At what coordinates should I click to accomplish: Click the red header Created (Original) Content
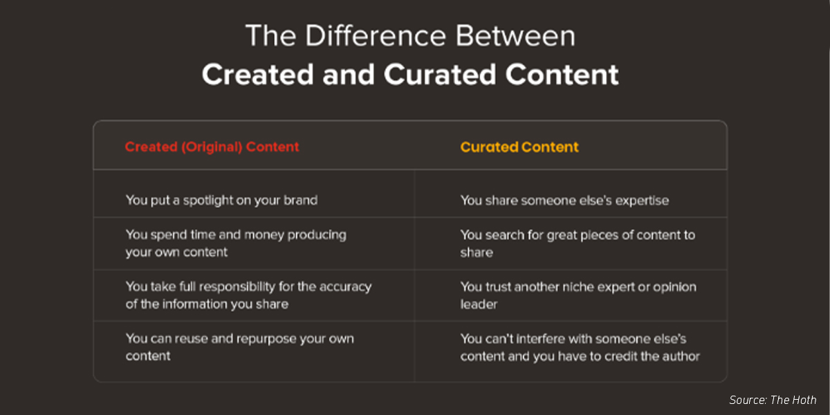[x=212, y=147]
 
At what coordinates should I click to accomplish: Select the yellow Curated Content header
[x=519, y=147]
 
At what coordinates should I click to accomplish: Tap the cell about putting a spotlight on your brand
[x=221, y=201]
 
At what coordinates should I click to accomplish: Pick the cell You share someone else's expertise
[x=564, y=201]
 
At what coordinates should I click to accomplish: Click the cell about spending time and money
[x=235, y=243]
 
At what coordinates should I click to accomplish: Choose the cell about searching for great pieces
[x=578, y=243]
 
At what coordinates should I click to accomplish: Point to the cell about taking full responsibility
[x=248, y=295]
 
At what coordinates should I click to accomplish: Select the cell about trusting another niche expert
[x=578, y=295]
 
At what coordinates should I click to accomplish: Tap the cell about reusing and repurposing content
[x=239, y=347]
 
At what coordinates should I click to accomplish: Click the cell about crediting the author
[x=580, y=347]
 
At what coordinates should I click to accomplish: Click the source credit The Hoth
[x=773, y=400]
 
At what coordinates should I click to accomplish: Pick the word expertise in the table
[x=640, y=201]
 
